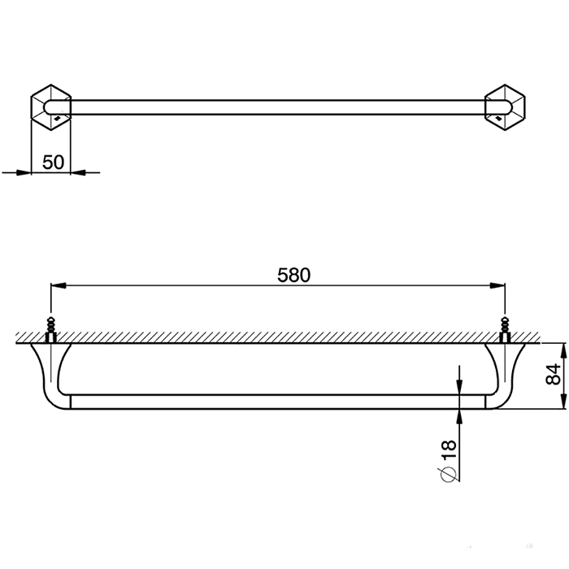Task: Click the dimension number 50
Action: click(x=53, y=163)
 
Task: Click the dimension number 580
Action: click(x=294, y=275)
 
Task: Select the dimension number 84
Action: click(x=553, y=375)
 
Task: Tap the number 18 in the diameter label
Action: click(x=449, y=450)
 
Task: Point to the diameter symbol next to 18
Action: click(x=449, y=473)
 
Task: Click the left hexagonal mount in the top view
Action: click(x=50, y=107)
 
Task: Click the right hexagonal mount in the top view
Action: click(x=505, y=107)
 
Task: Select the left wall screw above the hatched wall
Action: click(x=50, y=329)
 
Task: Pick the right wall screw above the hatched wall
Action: click(x=505, y=329)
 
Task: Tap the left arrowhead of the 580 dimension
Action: click(x=58, y=286)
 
